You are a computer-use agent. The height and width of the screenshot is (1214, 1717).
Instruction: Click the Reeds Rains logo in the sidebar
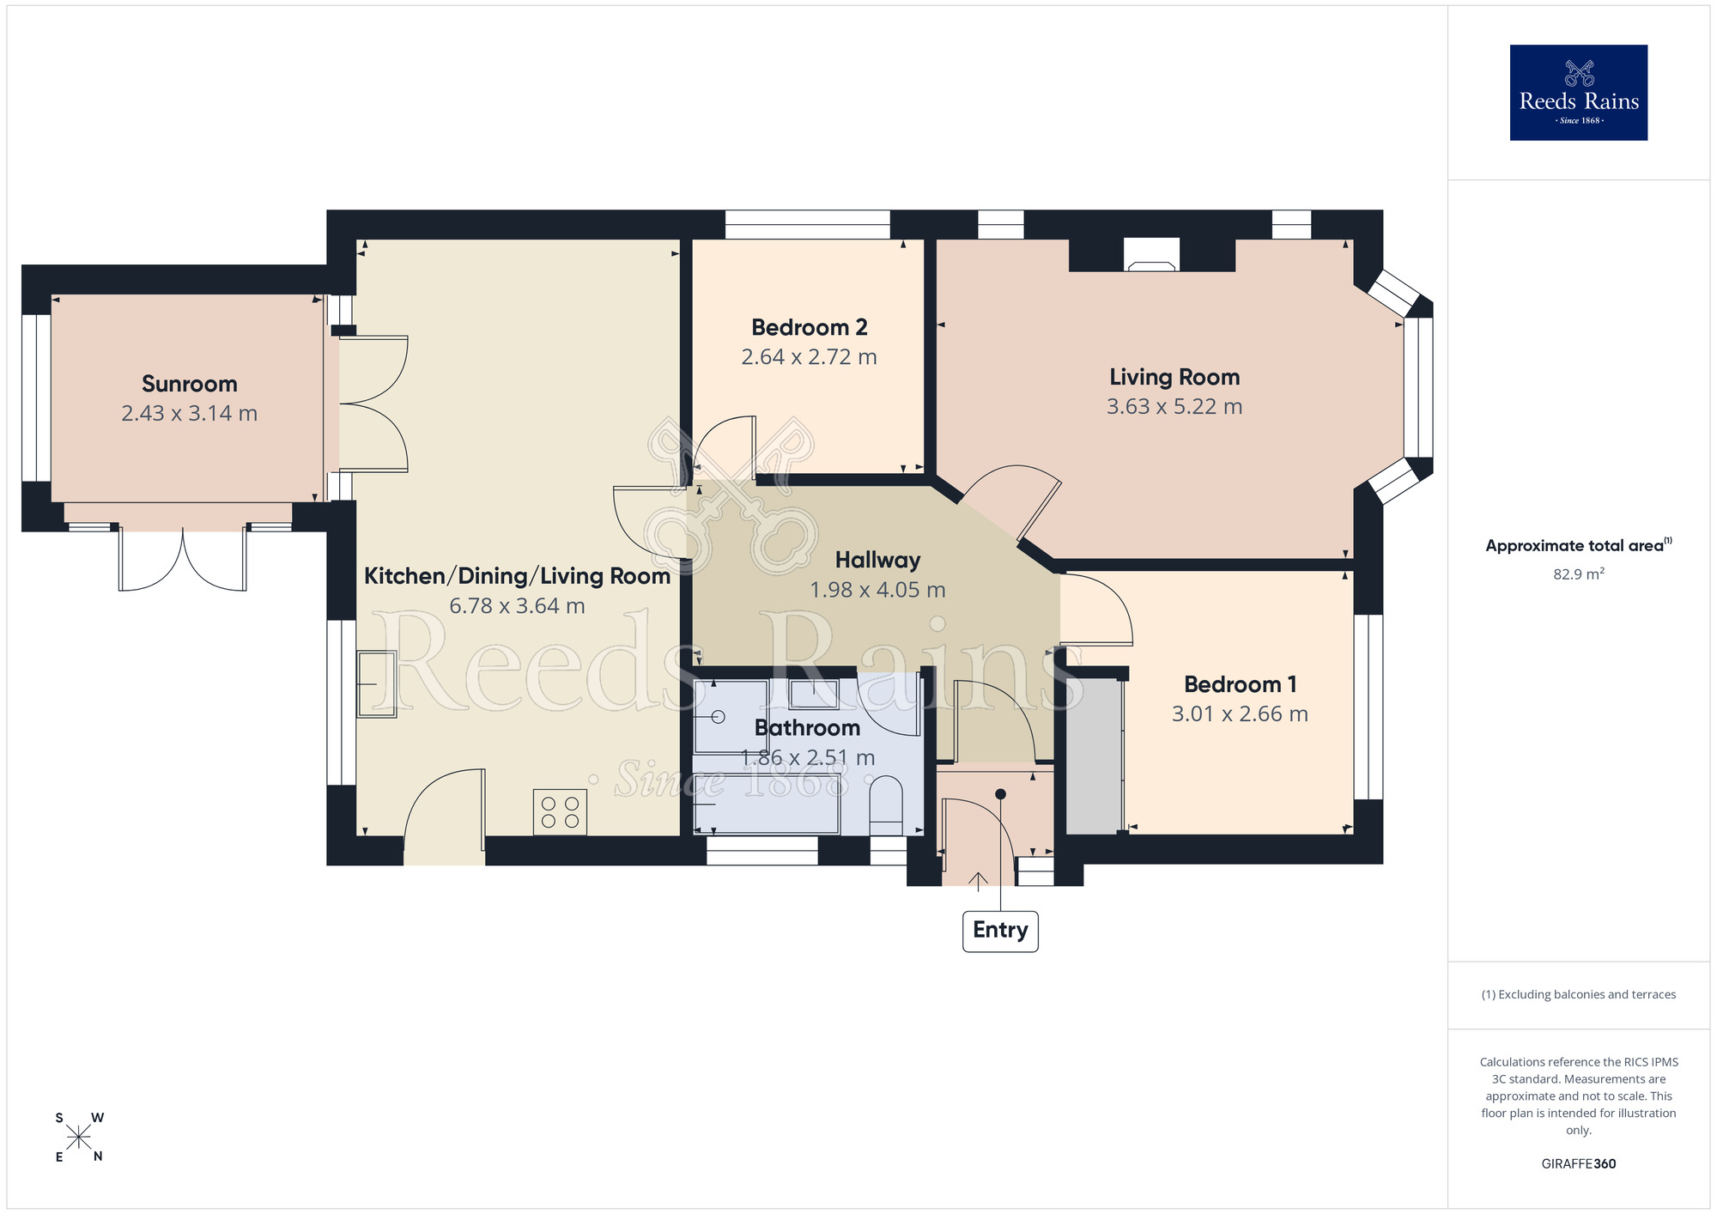[1578, 93]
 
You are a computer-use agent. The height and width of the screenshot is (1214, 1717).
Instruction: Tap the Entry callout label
[1000, 932]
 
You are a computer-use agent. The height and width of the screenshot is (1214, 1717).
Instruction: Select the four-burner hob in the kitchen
[560, 812]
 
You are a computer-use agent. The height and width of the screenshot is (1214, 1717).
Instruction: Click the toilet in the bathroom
[886, 805]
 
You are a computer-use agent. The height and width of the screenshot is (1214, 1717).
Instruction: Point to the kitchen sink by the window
[376, 683]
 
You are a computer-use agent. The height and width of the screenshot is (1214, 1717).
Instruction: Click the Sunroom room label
[190, 384]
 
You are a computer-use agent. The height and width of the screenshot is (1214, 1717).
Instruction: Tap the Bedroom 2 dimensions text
[809, 357]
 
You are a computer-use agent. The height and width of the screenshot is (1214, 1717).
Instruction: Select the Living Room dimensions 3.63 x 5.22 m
[1174, 407]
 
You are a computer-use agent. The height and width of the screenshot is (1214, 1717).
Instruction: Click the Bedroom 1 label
[1240, 684]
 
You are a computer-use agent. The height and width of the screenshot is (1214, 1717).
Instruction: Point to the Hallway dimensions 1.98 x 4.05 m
[877, 590]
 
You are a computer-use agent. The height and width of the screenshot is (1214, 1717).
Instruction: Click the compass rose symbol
[78, 1138]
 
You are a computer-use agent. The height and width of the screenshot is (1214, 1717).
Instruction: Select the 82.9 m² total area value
[1578, 574]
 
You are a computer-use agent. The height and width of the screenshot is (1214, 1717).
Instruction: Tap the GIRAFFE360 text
[1578, 1164]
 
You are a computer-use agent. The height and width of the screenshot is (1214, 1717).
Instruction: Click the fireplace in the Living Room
[1151, 255]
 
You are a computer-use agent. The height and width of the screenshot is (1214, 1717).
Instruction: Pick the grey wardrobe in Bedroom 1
[1094, 755]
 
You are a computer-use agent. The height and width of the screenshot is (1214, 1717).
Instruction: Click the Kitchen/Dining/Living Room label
[517, 576]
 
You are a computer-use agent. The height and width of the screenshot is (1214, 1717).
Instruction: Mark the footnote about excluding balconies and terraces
[1578, 994]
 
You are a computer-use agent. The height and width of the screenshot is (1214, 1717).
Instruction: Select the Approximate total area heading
[1578, 545]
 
